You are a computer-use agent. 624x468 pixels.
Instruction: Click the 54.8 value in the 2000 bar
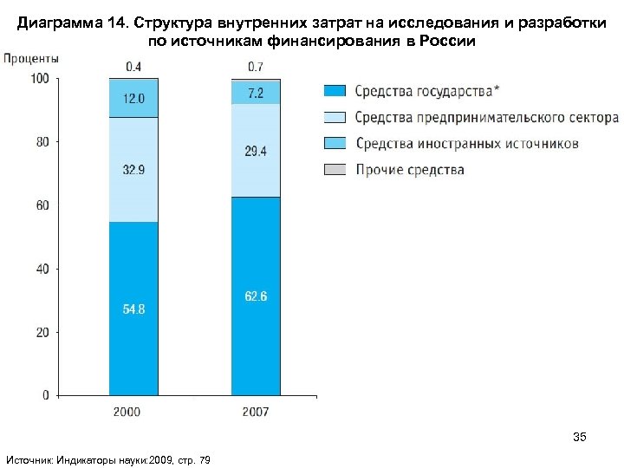pos(133,309)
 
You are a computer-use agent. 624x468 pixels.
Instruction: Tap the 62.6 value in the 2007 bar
pos(256,296)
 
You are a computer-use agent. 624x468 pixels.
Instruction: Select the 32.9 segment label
pos(133,170)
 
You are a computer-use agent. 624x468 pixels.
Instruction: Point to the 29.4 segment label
pos(256,152)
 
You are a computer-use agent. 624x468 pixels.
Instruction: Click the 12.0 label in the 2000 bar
pos(133,99)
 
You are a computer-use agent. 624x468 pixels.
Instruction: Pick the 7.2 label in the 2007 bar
pos(256,93)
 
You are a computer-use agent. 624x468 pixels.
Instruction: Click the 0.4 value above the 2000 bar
pos(134,66)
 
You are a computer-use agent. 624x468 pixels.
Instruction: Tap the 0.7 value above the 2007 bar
pos(256,66)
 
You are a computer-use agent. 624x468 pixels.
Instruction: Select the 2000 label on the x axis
pos(133,412)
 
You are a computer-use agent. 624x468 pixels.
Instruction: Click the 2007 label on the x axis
pos(256,412)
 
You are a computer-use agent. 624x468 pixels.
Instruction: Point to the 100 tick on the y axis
pos(40,79)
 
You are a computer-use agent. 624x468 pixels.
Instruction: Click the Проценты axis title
pos(32,58)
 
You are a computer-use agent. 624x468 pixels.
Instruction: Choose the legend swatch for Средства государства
pos(335,91)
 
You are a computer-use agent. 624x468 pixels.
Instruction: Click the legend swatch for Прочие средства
pos(335,170)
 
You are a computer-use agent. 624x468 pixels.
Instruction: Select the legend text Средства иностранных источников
pos(467,143)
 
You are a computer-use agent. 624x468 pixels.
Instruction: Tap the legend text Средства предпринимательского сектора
pos(487,117)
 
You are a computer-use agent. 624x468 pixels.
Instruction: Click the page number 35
pos(580,438)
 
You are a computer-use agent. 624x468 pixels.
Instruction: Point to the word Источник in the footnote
pos(29,458)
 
